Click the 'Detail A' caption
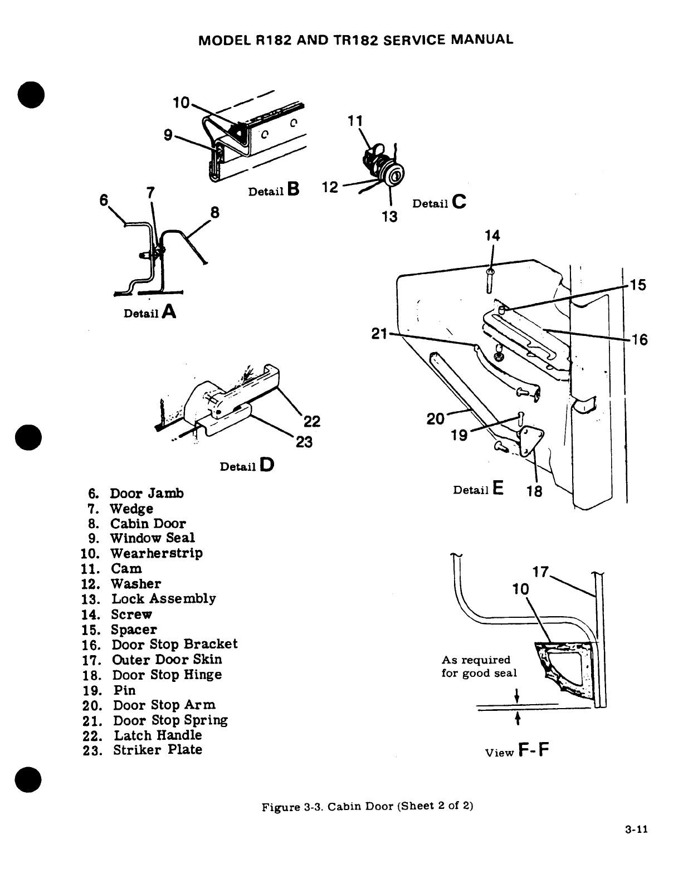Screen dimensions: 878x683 (x=150, y=313)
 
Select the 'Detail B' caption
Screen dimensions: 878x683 (x=274, y=191)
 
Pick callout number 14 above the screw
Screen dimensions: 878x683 (x=492, y=236)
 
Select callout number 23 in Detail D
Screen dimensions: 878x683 (x=304, y=442)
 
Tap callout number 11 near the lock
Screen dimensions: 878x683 (x=355, y=121)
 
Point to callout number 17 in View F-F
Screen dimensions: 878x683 (x=541, y=572)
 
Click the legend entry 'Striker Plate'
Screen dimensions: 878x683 (x=158, y=750)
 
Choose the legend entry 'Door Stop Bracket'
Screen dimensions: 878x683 (x=174, y=645)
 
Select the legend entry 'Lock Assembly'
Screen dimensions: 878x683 (x=164, y=599)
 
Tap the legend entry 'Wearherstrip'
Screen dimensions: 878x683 (x=157, y=553)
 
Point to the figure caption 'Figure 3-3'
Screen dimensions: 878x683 (x=368, y=807)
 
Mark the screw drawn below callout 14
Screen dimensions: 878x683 (x=489, y=280)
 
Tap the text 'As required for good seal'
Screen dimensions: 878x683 (x=479, y=666)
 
